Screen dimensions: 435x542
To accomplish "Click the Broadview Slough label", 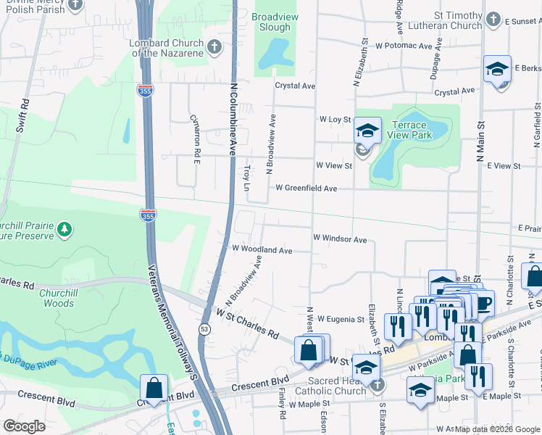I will (x=271, y=22).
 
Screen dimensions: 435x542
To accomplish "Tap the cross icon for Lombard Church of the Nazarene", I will (x=214, y=47).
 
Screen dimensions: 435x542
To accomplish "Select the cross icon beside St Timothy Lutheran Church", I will (x=493, y=20).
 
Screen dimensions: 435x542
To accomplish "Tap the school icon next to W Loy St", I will (x=367, y=130).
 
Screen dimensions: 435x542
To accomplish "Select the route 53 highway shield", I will (x=204, y=330).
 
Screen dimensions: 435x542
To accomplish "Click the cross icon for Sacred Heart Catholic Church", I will (x=377, y=386).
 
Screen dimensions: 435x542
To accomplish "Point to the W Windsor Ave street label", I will (x=340, y=239).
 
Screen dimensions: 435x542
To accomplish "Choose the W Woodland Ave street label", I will (x=262, y=249).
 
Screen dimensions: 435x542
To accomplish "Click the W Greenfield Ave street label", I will (x=306, y=188).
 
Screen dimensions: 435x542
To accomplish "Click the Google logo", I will (x=25, y=426).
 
